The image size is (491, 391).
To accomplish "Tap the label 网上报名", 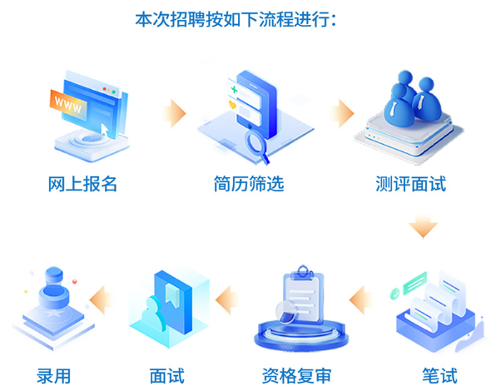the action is (82, 184).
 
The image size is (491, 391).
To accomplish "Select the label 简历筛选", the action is (249, 184).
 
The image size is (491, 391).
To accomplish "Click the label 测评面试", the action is (410, 184).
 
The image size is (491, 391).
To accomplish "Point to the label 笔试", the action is (439, 375).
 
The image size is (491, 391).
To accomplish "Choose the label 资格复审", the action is (296, 376).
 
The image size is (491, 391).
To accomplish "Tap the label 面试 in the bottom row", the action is (167, 376).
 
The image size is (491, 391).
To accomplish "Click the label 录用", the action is (53, 376).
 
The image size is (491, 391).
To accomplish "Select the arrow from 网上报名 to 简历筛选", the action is (174, 113).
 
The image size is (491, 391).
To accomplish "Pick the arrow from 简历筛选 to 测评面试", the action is (342, 113).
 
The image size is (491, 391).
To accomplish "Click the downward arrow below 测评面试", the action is (423, 226).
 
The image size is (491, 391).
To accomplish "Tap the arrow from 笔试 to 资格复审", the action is (361, 300).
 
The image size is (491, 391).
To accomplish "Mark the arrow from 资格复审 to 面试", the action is (227, 300).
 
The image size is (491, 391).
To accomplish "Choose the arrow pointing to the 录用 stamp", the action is (102, 300).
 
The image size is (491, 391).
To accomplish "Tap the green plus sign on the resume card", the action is (234, 90).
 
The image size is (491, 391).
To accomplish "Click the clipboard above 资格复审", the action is (302, 294).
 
